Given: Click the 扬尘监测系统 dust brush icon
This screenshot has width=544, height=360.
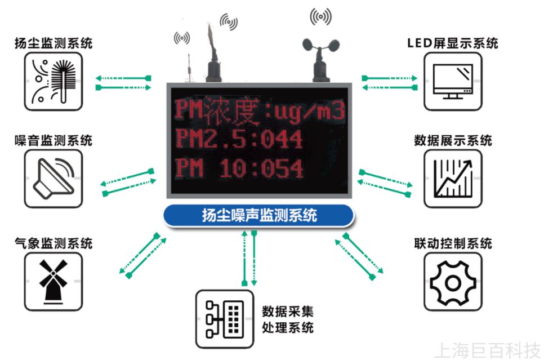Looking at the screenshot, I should [x=53, y=81].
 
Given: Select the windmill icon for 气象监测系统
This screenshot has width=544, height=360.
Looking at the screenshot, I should [x=53, y=281].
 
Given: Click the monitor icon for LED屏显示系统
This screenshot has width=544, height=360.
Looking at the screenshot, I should [x=453, y=81].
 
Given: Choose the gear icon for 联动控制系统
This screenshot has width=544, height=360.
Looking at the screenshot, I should [x=453, y=281].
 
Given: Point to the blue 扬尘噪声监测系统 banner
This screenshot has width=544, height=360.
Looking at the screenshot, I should [x=259, y=216].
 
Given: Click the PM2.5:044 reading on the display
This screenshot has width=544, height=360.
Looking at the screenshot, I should [x=239, y=139].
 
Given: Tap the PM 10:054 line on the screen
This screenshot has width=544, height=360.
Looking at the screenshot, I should [x=239, y=168].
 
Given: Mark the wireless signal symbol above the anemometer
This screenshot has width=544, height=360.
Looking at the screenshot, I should [x=321, y=16].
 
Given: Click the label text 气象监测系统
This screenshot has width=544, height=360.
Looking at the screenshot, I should [x=53, y=243].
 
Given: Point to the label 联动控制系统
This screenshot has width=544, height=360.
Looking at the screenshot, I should [x=453, y=243].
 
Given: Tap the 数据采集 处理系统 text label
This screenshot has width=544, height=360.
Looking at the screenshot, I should [x=288, y=319].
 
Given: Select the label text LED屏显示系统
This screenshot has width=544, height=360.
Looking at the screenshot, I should [x=452, y=43].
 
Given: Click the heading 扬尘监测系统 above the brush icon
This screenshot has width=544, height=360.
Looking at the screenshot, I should [x=53, y=43].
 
